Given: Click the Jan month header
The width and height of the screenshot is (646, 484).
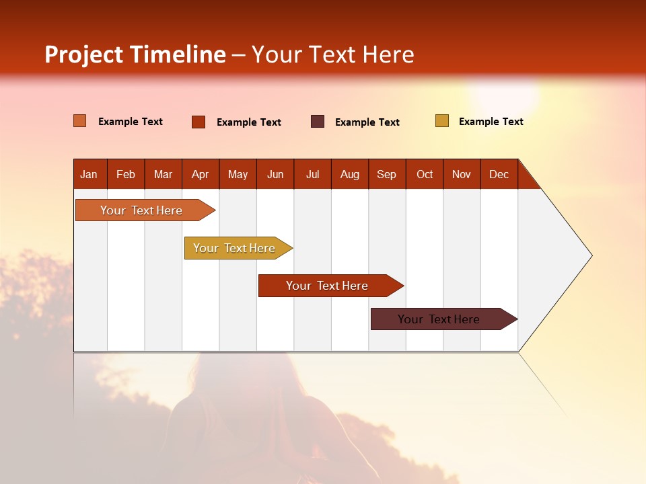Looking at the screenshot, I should click(x=89, y=174).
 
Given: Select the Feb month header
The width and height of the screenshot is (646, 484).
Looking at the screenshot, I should click(x=126, y=174).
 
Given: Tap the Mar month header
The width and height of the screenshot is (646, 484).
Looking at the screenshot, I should click(x=163, y=174).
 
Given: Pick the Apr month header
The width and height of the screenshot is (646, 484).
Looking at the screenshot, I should click(x=201, y=174).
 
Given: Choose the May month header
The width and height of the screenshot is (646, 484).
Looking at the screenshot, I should click(x=238, y=174).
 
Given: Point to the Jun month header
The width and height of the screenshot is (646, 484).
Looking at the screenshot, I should click(x=275, y=174).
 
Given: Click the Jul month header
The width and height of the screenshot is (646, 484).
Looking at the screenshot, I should click(x=312, y=174).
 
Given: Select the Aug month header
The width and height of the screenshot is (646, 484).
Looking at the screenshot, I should click(x=350, y=174).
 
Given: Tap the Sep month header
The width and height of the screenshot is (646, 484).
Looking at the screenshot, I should click(x=387, y=174).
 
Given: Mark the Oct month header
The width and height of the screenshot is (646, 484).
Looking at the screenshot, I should click(x=425, y=174).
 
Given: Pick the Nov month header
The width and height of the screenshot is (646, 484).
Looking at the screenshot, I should click(x=462, y=174).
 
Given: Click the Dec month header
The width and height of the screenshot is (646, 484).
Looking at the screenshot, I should click(x=499, y=174).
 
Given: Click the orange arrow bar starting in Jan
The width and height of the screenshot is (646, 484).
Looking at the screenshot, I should click(x=142, y=210).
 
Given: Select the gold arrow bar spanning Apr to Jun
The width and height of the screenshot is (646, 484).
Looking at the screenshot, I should click(x=235, y=248).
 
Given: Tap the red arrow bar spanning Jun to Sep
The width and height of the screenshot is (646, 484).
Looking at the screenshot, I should click(x=328, y=286).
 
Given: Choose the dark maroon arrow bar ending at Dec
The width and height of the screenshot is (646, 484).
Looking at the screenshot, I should click(x=439, y=319).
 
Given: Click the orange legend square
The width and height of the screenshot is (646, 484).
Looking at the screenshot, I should click(x=80, y=121).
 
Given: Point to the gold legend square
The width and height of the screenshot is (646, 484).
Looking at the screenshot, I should click(x=442, y=121).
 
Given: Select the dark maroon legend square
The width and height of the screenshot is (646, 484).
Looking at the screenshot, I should click(x=318, y=122).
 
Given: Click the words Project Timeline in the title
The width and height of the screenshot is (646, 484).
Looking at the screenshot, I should click(x=135, y=54).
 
